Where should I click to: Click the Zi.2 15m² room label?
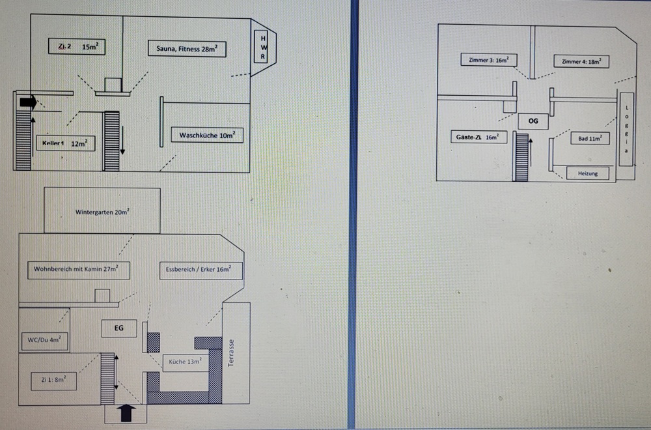pos(77,47)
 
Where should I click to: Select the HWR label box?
pos(262,48)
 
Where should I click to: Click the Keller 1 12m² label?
pos(65,143)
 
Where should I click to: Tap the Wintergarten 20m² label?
pos(102,212)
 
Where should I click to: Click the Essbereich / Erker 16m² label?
pos(201,270)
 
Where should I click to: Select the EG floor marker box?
pos(119,329)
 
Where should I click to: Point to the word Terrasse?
pos(231,354)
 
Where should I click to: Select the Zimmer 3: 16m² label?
pos(488,61)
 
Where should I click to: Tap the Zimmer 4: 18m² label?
pos(581,61)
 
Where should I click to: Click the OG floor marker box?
pos(534,121)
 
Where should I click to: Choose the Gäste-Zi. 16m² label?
pos(477,137)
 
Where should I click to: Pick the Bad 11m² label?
pos(590,139)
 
